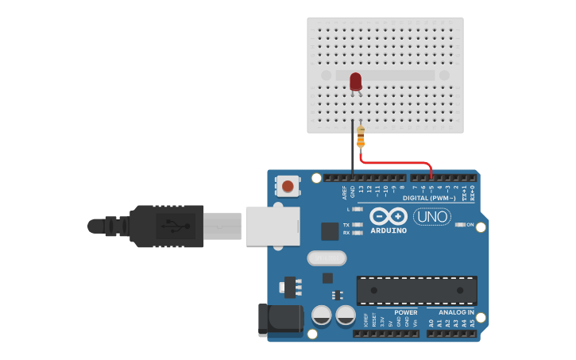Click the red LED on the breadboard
pos(355,80)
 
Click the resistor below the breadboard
pos(361,137)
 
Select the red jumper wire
pos(397,163)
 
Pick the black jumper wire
pos(353,151)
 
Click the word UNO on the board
pos(432,216)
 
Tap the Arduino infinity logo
pos(388,216)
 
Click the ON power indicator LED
pos(460,225)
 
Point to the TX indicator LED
pos(357,225)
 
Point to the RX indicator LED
pos(357,233)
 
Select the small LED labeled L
pos(357,209)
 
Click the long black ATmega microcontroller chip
pos(416,291)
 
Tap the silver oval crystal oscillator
pos(327,258)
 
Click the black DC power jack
pos(280,319)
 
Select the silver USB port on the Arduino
pos(273,226)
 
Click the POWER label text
pos(405,312)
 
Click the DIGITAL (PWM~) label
pos(429,198)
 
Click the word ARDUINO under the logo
pos(389,231)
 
